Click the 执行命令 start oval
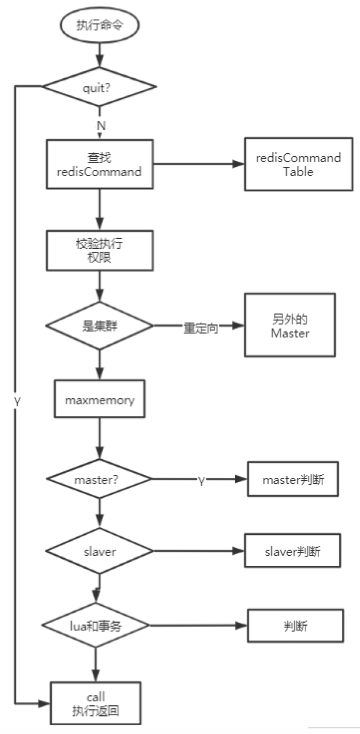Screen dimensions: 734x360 pyautogui.click(x=100, y=25)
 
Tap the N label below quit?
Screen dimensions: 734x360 pyautogui.click(x=101, y=126)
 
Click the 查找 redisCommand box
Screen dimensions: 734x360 pyautogui.click(x=100, y=164)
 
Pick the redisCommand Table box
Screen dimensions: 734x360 pyautogui.click(x=298, y=164)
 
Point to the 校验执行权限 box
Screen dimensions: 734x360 pyautogui.click(x=100, y=250)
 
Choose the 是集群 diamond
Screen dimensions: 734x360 pyautogui.click(x=100, y=325)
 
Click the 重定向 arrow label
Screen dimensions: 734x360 pyautogui.click(x=201, y=328)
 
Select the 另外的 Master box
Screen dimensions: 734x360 pyautogui.click(x=290, y=325)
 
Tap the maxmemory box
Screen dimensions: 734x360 pyautogui.click(x=100, y=400)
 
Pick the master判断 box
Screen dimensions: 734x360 pyautogui.click(x=293, y=480)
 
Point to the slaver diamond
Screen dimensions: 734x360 pyautogui.click(x=100, y=551)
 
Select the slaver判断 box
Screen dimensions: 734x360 pyautogui.click(x=292, y=551)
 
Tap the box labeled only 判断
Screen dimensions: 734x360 pyautogui.click(x=296, y=626)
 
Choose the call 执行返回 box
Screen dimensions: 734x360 pyautogui.click(x=96, y=704)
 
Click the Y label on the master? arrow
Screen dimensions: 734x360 pyautogui.click(x=201, y=480)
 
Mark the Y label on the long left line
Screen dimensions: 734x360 pyautogui.click(x=17, y=402)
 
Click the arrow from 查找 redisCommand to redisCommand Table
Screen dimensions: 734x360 pyautogui.click(x=198, y=164)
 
